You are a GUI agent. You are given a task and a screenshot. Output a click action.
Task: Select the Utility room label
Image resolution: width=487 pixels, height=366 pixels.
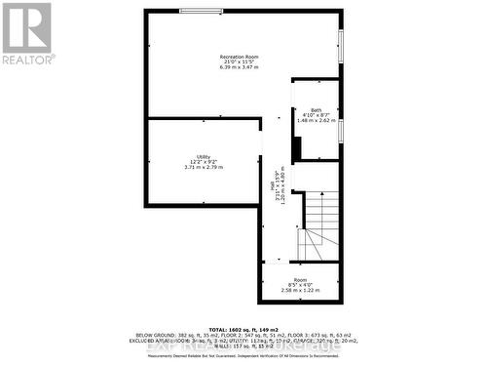coord(203,156)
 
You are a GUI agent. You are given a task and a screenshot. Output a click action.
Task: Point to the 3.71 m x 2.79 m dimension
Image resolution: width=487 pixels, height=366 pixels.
coord(203,168)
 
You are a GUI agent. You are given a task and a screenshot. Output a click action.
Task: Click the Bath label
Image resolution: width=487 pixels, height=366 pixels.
coord(318,110)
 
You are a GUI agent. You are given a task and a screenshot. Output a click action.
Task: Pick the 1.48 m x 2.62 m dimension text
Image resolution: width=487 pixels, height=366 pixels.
coord(318,121)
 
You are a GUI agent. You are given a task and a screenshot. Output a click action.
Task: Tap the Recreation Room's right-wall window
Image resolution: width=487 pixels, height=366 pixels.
coord(341,44)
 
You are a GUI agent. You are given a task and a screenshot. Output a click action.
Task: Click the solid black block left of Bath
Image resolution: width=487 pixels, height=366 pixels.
coord(297,147)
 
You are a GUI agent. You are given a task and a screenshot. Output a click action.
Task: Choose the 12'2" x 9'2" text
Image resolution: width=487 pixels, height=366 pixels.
coord(203,162)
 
